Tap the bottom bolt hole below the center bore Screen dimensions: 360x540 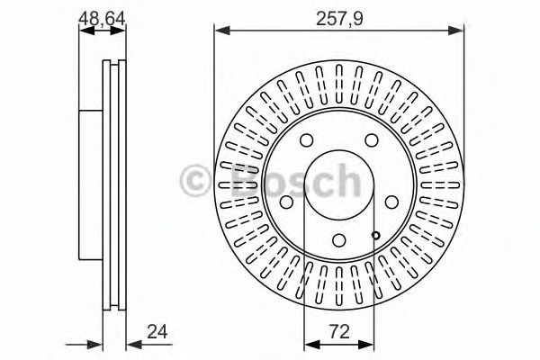(x=337, y=239)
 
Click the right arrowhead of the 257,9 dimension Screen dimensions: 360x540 (x=460, y=32)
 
